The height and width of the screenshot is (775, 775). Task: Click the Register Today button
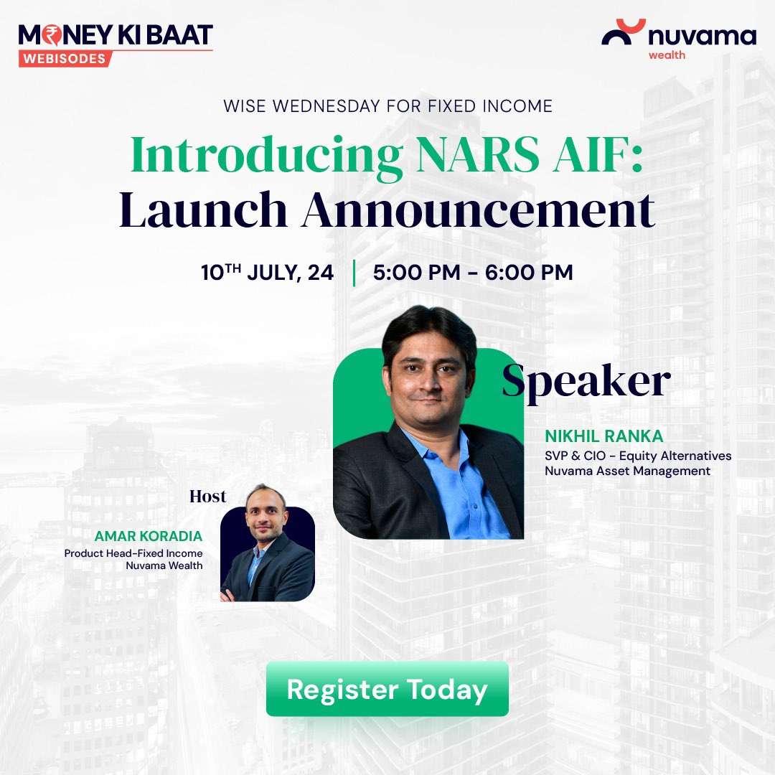point(387,689)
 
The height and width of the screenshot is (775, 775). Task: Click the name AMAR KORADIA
point(149,537)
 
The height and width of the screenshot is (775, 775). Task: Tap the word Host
point(207,497)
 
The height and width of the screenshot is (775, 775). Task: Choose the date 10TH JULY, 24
point(268,273)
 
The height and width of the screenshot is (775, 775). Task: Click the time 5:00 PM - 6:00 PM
point(473,273)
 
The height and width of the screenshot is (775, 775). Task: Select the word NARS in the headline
point(477,155)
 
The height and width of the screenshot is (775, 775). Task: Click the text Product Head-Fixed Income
point(133,553)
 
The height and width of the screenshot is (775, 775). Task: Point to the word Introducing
point(266,155)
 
